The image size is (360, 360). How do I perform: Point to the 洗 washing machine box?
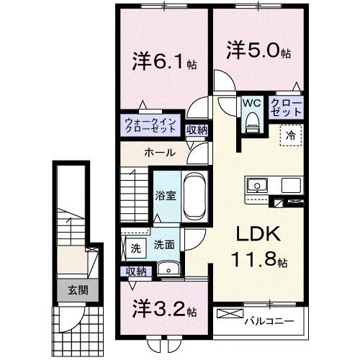(135, 248)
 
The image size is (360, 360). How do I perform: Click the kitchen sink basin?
(256, 186)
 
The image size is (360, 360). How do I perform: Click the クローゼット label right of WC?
(286, 108)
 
